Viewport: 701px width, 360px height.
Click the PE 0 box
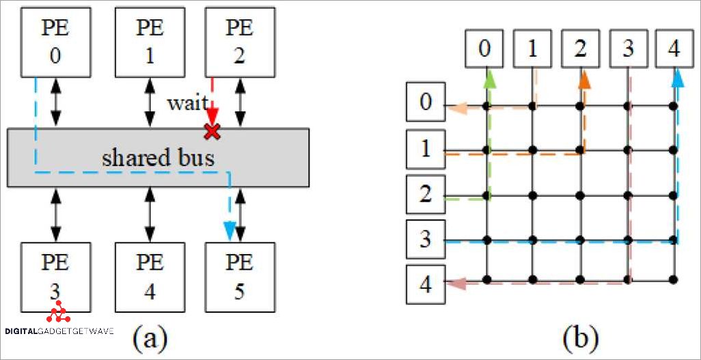pos(55,42)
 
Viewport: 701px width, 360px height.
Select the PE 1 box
pos(150,42)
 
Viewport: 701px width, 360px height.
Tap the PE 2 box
pos(238,42)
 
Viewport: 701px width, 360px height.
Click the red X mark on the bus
pos(212,131)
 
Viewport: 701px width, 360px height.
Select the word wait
pos(187,104)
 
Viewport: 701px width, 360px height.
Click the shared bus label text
pos(158,158)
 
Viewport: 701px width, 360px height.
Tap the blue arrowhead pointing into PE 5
pos(230,232)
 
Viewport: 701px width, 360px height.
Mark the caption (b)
pos(581,337)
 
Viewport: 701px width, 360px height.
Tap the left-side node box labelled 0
pos(425,102)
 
